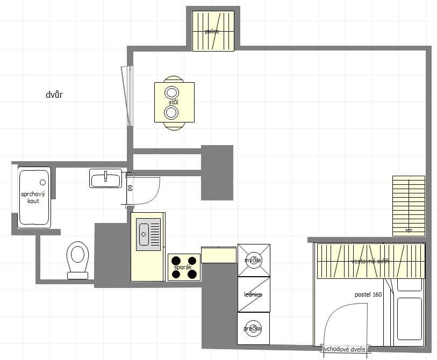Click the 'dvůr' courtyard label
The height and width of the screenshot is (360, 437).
(55, 95)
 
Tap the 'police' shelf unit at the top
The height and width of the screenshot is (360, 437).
(213, 31)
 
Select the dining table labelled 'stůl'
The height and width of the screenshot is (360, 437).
(174, 102)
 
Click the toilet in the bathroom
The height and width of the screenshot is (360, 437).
(78, 258)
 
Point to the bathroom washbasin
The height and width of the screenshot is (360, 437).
(106, 178)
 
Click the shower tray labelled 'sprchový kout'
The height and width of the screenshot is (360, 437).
(34, 197)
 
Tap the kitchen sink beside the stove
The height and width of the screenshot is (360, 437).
(144, 233)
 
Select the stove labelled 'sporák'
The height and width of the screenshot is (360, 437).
(184, 267)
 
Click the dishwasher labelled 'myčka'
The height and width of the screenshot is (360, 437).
(254, 261)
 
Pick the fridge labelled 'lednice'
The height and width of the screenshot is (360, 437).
(254, 294)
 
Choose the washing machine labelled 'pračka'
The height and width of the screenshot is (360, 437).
(254, 328)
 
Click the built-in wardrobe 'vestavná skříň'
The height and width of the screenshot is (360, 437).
(370, 261)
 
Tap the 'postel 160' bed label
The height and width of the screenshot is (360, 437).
(368, 295)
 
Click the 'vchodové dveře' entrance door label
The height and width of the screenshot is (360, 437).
(345, 350)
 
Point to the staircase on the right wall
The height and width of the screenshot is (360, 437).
(409, 206)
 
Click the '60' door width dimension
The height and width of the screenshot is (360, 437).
(130, 189)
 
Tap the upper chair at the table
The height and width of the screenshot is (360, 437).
(174, 80)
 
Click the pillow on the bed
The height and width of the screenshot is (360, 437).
(409, 285)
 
